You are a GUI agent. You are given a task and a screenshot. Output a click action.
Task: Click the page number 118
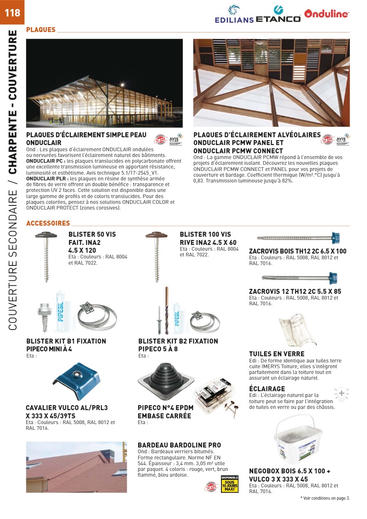click(x=12, y=12)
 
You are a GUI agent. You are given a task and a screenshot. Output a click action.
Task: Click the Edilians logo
click(x=234, y=14)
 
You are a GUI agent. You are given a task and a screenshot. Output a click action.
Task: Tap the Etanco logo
click(x=278, y=15)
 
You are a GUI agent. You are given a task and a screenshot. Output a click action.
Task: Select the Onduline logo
click(x=327, y=14)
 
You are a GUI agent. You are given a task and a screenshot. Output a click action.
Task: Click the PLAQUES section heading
click(x=41, y=30)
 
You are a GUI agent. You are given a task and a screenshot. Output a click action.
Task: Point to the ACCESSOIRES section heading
click(x=48, y=224)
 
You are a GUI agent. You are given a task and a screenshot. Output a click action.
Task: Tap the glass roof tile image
click(x=297, y=330)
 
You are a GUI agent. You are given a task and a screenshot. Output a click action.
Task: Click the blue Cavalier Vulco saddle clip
click(x=78, y=381)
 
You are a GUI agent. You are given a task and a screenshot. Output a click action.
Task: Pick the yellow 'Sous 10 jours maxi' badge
click(x=230, y=484)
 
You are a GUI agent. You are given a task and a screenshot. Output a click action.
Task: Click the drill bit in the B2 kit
click(x=167, y=310)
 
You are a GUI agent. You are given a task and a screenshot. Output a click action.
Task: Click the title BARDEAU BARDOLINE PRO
click(x=179, y=445)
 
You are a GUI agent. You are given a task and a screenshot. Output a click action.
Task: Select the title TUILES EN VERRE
click(x=276, y=354)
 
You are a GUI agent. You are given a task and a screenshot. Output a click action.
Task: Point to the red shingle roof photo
click(x=76, y=467)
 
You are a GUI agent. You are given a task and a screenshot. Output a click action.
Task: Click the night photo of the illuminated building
click(x=104, y=83)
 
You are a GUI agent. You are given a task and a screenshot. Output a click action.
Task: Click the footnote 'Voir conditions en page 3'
click(x=325, y=498)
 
